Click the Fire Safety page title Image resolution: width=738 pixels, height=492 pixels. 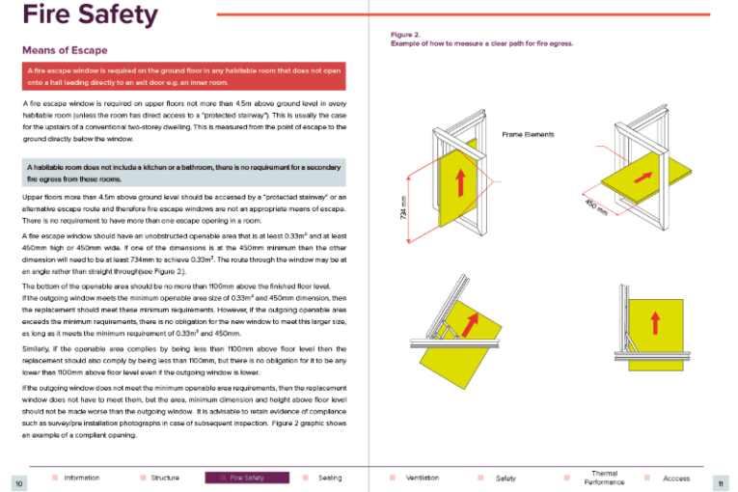point(89,15)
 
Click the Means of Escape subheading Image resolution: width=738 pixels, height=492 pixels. point(64,49)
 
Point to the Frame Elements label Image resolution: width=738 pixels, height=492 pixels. point(528,134)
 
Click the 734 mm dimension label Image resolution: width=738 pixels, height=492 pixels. point(403,206)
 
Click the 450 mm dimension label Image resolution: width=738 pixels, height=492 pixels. point(595,205)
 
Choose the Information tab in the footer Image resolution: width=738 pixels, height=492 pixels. point(81,478)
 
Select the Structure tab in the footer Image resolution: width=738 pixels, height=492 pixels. point(165,478)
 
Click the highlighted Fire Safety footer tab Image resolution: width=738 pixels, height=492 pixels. point(247,478)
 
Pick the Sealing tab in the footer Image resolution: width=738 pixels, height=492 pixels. point(329,478)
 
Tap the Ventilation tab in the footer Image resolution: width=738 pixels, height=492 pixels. point(423,478)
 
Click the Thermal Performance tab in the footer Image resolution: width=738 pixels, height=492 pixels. point(604,478)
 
